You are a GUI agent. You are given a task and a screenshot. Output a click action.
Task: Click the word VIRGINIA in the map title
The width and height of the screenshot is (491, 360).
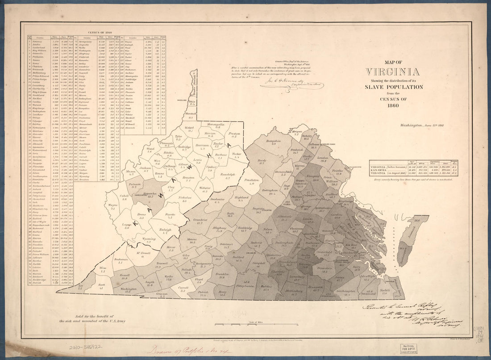392,72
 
